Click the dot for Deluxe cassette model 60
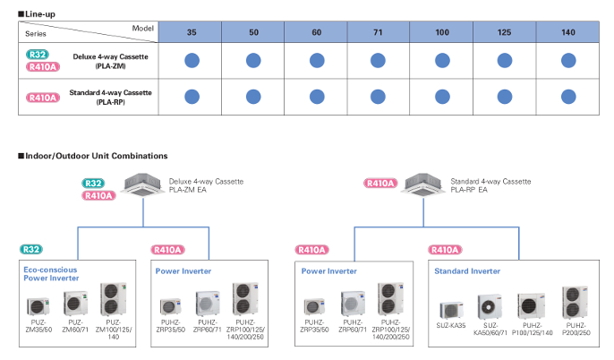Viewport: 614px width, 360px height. pos(317,60)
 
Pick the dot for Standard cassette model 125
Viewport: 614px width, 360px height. pos(506,96)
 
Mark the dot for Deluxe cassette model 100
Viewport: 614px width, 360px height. pos(442,60)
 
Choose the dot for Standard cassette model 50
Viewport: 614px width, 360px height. pos(254,96)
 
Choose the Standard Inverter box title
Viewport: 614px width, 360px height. pos(465,270)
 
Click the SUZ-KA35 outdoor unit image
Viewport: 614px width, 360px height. pos(451,309)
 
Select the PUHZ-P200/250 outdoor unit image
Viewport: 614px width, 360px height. pos(574,302)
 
